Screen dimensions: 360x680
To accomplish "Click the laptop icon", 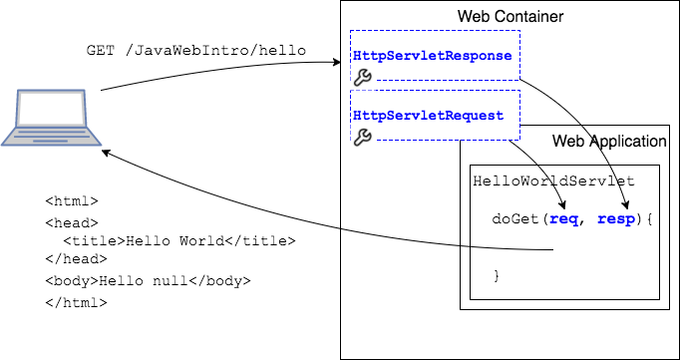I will (x=49, y=119).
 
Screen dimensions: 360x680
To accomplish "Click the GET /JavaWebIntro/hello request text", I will (x=195, y=51).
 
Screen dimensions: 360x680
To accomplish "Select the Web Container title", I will (x=510, y=17).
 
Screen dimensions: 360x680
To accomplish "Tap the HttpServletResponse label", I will (x=432, y=56).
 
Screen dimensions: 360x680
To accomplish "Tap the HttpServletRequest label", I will (x=428, y=116).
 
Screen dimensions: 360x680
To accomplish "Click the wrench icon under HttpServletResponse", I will (x=363, y=77).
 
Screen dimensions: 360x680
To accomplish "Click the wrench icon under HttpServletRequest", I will (x=363, y=137).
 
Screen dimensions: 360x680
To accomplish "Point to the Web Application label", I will (x=609, y=142).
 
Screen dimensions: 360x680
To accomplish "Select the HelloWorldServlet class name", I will (x=553, y=182).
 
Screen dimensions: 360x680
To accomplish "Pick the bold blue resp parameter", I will (x=615, y=218).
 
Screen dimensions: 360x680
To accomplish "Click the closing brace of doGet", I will (x=497, y=275).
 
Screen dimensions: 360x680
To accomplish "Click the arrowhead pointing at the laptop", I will (x=107, y=154).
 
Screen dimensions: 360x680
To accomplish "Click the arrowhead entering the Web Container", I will (x=336, y=63).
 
